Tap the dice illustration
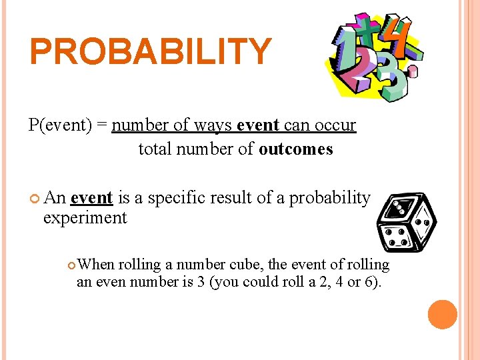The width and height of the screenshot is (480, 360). coord(406,224)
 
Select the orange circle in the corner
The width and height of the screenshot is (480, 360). coord(443,315)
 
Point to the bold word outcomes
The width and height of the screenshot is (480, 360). coord(295,149)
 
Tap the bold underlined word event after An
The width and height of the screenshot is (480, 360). coord(91,198)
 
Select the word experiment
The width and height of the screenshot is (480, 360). coord(85,218)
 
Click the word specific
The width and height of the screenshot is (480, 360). coord(182,198)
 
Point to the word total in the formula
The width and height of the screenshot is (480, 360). coord(154,149)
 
